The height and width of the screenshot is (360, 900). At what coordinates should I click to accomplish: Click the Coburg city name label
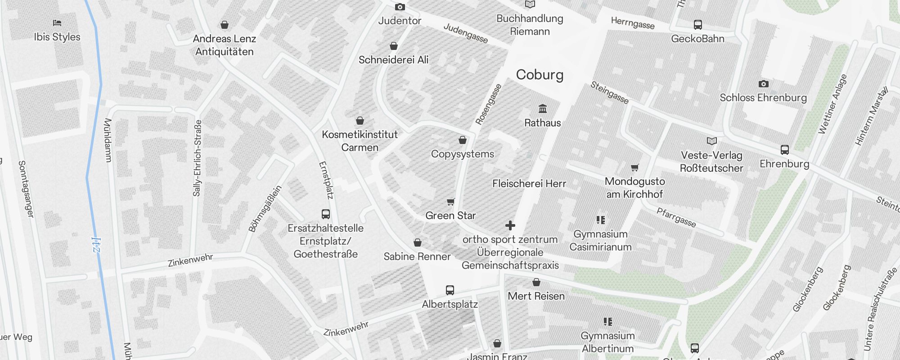click(540, 75)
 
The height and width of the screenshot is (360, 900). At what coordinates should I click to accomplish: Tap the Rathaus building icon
click(543, 109)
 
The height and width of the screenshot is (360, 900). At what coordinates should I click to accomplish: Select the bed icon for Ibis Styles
click(57, 23)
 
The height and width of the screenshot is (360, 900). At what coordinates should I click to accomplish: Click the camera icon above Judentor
click(400, 7)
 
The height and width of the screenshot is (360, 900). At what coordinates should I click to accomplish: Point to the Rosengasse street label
click(488, 104)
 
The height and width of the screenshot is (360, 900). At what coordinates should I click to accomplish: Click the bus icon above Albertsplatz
click(450, 290)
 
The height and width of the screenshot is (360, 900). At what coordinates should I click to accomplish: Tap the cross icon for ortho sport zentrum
click(510, 225)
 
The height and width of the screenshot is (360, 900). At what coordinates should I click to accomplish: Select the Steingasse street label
click(609, 93)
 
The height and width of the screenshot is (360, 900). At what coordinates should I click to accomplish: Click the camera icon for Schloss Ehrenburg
click(763, 84)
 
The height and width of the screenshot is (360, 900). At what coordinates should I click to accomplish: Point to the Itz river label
click(96, 245)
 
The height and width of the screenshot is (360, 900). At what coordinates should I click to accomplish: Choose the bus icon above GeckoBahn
click(697, 25)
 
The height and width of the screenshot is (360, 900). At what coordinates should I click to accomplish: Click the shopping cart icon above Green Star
click(450, 202)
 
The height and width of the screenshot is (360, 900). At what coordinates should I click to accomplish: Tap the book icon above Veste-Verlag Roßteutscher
click(711, 141)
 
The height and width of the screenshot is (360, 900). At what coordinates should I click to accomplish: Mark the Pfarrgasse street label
click(676, 217)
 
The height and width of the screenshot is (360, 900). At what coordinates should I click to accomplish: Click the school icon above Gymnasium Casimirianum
click(600, 220)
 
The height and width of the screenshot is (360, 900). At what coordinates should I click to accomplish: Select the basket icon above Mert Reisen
click(536, 283)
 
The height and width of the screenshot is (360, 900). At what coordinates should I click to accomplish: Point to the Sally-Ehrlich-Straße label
click(197, 158)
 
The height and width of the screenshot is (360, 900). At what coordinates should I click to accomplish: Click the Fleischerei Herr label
click(529, 184)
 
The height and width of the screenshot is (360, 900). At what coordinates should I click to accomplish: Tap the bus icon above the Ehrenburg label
click(784, 150)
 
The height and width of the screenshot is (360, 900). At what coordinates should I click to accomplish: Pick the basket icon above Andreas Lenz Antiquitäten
click(224, 25)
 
